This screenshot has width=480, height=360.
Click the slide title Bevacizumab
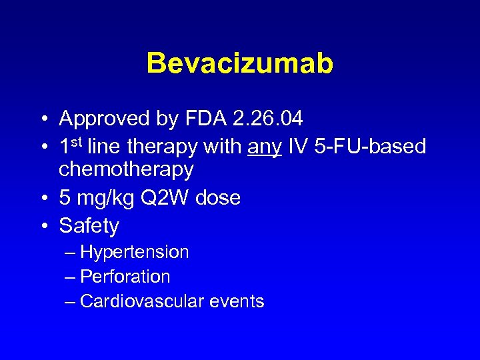(239, 64)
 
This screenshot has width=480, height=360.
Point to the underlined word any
(265, 147)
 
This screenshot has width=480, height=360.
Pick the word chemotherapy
(126, 169)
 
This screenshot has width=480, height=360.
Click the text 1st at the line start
(71, 145)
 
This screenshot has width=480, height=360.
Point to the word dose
(217, 197)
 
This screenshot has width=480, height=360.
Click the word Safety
(89, 226)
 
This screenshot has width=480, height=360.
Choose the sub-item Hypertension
(134, 252)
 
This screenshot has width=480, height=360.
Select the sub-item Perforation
(125, 277)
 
